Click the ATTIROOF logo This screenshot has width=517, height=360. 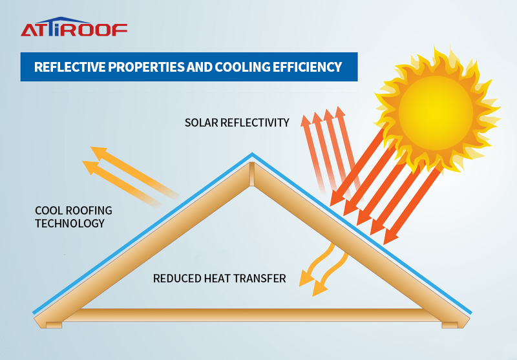[x=74, y=28]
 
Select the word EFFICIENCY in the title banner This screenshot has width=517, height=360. [x=307, y=67]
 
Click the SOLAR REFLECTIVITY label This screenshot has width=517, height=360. [x=237, y=122]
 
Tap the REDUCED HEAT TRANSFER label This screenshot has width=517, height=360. [x=219, y=279]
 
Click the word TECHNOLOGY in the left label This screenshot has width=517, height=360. [x=69, y=223]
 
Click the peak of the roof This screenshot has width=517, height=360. [x=252, y=155]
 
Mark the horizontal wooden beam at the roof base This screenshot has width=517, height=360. [x=252, y=315]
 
